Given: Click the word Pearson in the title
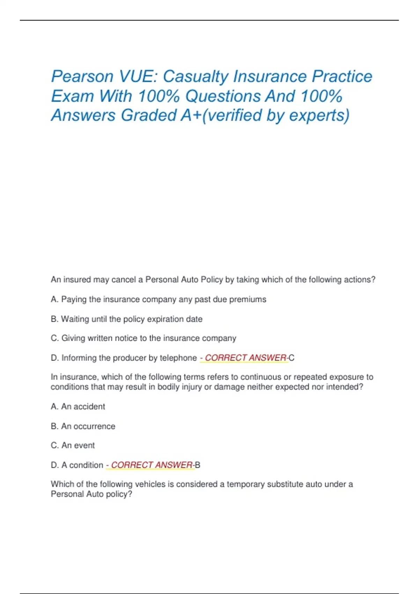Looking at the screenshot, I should [82, 77].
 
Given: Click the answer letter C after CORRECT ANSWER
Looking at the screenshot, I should [292, 358].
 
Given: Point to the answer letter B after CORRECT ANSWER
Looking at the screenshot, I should [198, 465].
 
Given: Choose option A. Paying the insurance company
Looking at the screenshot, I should [159, 299].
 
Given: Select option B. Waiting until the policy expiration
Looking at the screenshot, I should [126, 319].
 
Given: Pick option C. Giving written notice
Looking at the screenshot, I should [144, 338].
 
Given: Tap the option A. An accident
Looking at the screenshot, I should [78, 406].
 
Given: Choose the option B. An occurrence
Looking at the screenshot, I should [83, 426].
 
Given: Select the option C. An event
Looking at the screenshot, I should [73, 445].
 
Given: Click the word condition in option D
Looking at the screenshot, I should [86, 465].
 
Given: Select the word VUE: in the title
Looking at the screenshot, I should [138, 77].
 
